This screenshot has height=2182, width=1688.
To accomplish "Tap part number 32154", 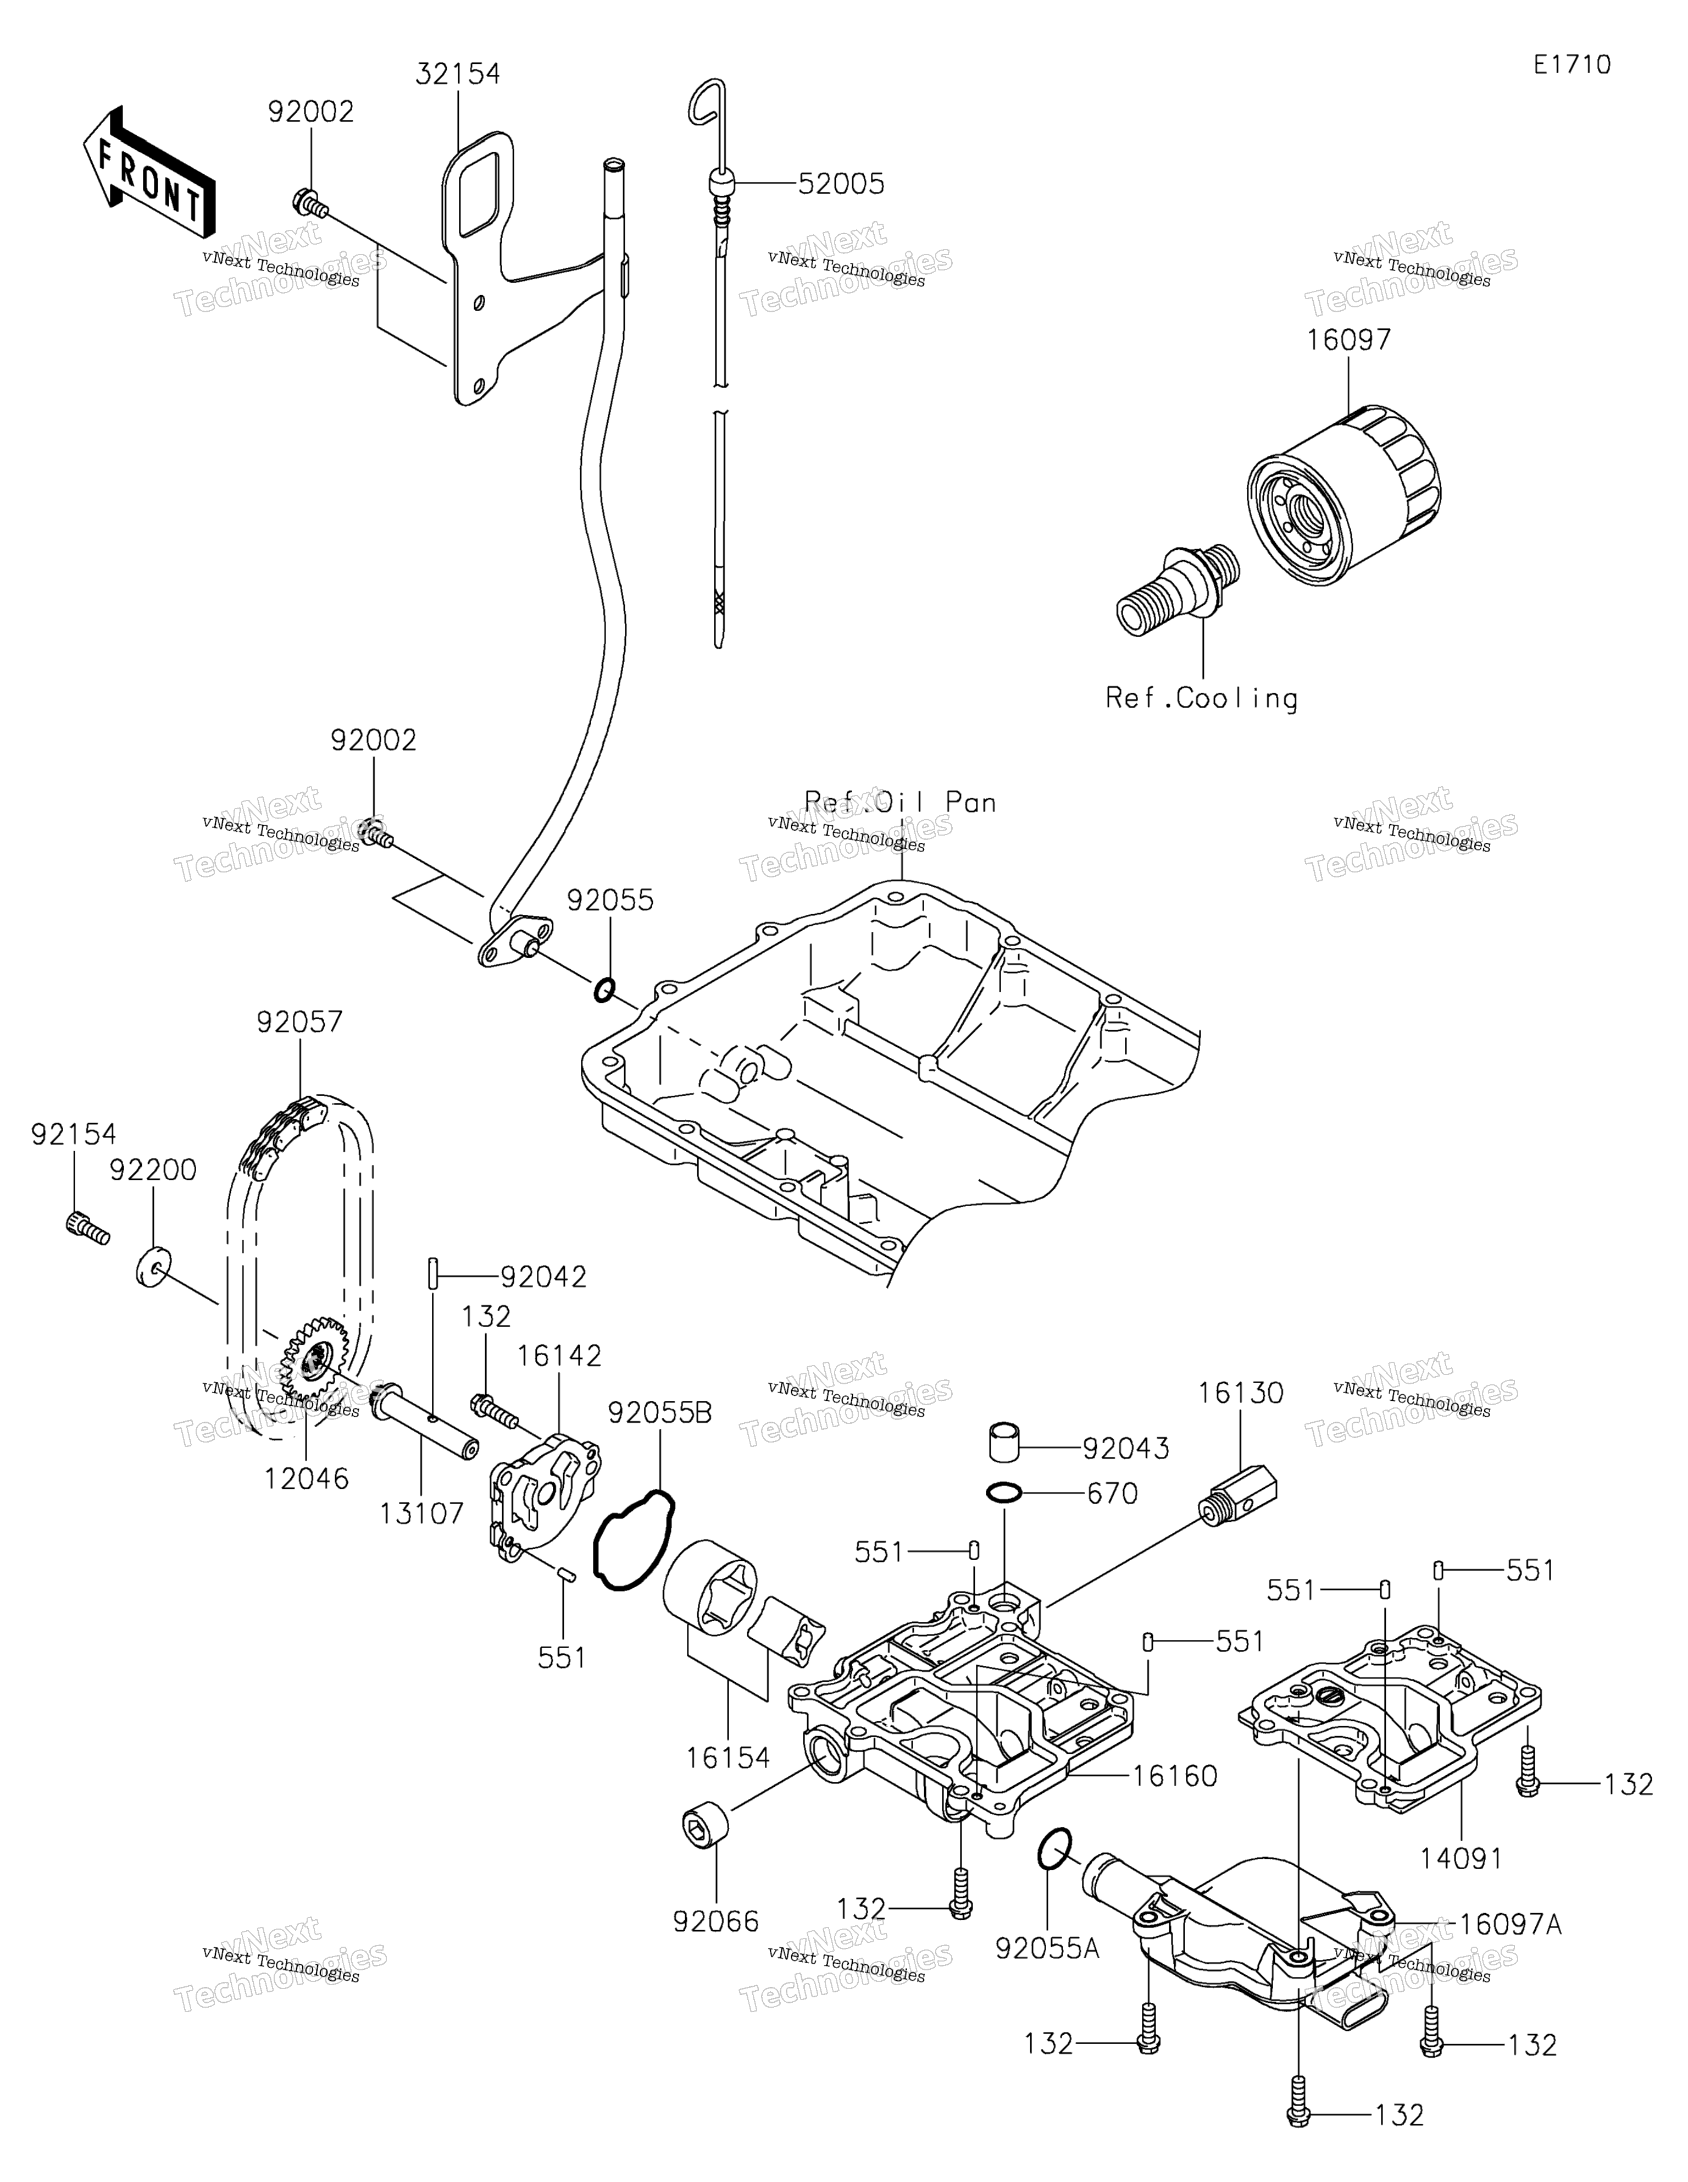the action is click(458, 73).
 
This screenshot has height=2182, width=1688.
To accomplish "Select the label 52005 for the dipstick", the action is click(841, 184).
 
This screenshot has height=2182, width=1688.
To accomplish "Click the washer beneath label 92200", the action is click(151, 1266).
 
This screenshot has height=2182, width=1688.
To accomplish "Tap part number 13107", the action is click(421, 1513).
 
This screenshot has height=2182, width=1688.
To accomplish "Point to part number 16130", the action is click(1241, 1392).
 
